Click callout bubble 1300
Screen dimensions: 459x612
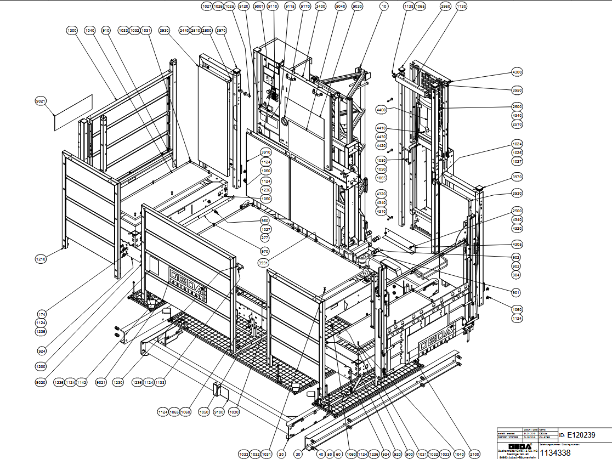[71, 31]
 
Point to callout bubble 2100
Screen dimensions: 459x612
[474, 455]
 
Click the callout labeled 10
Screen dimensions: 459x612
[383, 6]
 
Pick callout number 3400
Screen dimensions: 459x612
[321, 6]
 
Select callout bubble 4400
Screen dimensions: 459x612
[381, 110]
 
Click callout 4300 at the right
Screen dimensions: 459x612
[517, 72]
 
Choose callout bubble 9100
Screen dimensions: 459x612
[219, 411]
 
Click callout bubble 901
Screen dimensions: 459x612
[516, 292]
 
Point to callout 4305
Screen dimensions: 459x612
[517, 244]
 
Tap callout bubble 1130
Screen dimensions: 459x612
[461, 6]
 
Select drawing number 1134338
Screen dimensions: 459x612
[558, 452]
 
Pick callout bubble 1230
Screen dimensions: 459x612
[117, 382]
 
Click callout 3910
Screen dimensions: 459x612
[266, 152]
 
